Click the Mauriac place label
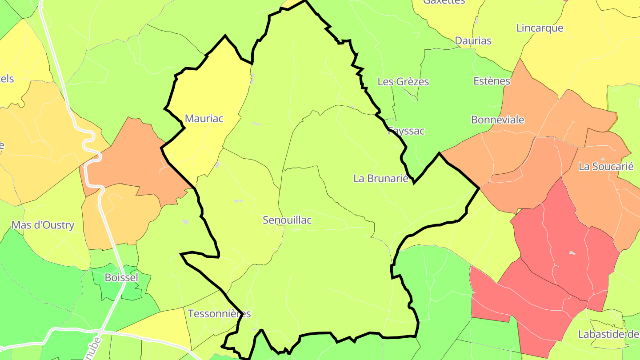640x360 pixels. pyautogui.click(x=204, y=119)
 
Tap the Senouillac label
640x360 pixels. pyautogui.click(x=287, y=220)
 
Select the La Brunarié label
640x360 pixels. pyautogui.click(x=381, y=179)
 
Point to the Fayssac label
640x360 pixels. pyautogui.click(x=406, y=131)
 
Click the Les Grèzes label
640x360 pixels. pyautogui.click(x=403, y=82)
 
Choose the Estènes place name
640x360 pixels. pyautogui.click(x=492, y=81)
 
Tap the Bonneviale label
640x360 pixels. pyautogui.click(x=497, y=120)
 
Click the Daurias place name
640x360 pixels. pyautogui.click(x=473, y=41)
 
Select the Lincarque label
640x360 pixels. pyautogui.click(x=540, y=28)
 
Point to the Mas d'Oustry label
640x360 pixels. pyautogui.click(x=43, y=225)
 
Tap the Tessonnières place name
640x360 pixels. pyautogui.click(x=219, y=314)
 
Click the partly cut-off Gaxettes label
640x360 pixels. pyautogui.click(x=444, y=2)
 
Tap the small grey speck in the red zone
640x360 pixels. pyautogui.click(x=572, y=253)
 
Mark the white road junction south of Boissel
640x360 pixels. pyautogui.click(x=102, y=331)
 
